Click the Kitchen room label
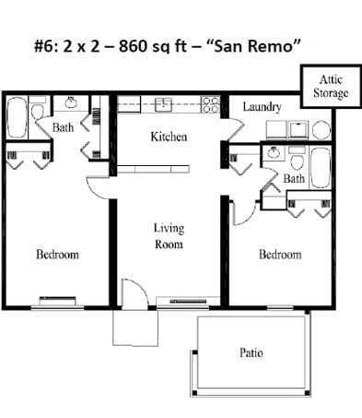point(169,137)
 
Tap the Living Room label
point(169,235)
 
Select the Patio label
point(251,353)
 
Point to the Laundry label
point(262,108)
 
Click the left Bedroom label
point(57,255)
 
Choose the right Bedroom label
point(279,255)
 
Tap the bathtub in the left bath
point(18,117)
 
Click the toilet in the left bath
point(37,112)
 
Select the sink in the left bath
point(72,104)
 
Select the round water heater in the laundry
point(321,130)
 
